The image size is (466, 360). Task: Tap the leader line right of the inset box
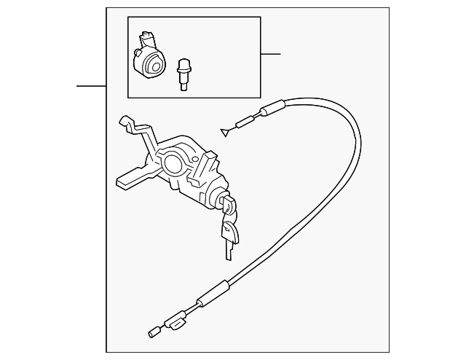(270, 54)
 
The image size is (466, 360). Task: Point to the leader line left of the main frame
(91, 86)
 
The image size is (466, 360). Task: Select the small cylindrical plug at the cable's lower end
(153, 334)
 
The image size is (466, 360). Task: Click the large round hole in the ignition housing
(172, 161)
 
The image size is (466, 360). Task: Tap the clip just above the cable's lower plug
(177, 321)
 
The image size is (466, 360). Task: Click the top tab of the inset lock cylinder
(148, 36)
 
